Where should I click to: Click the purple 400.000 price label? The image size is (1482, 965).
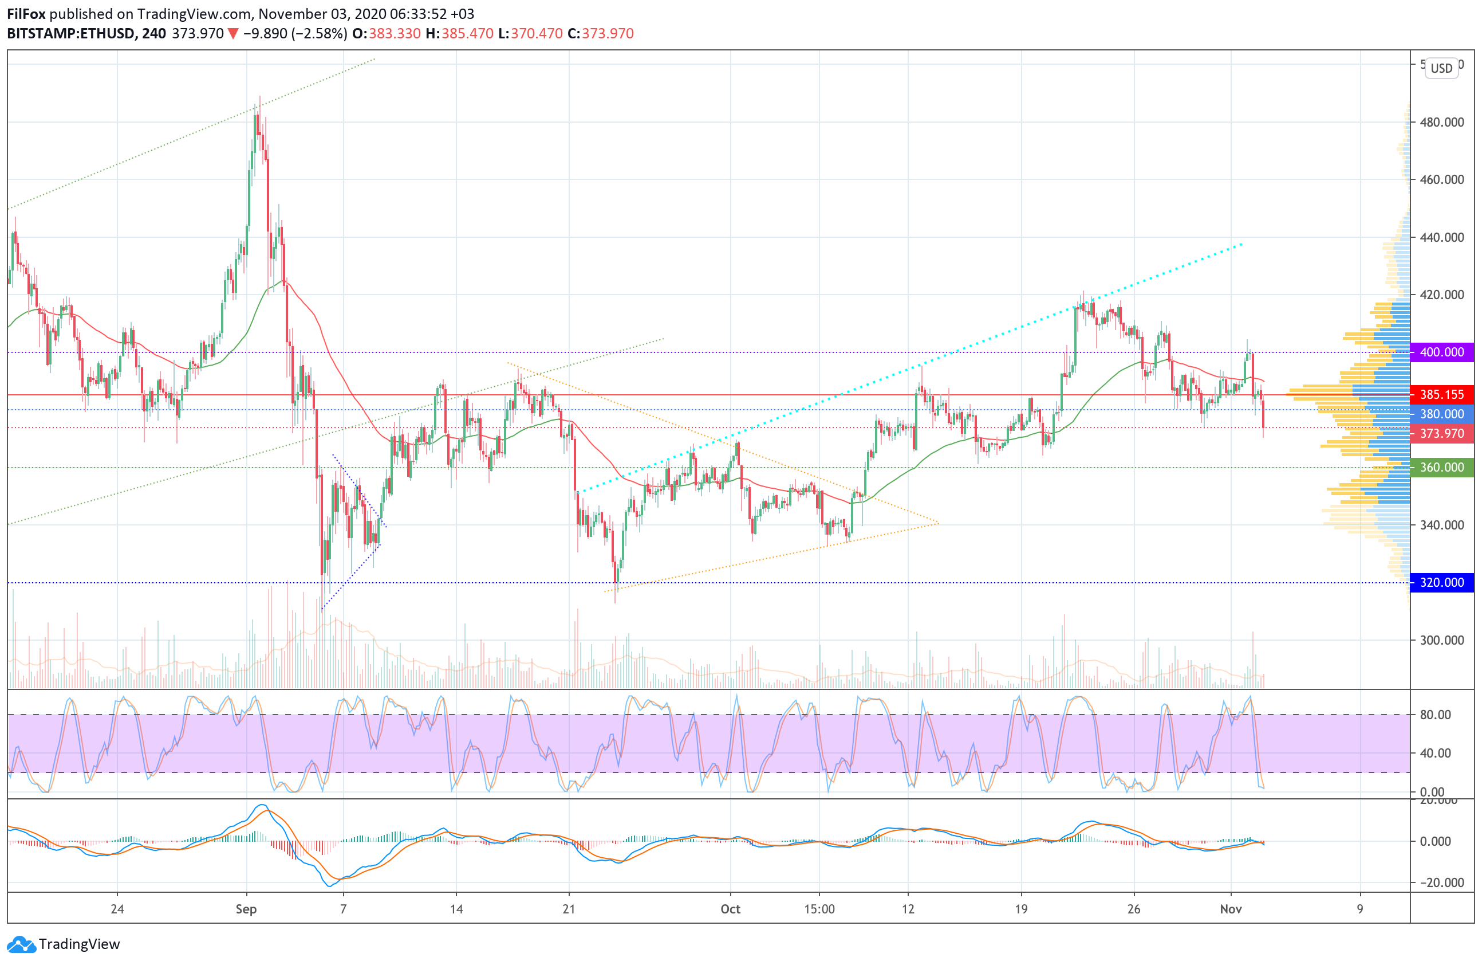click(1441, 352)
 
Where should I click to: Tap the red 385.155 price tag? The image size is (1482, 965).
click(1441, 394)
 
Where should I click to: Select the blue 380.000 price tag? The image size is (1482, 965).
click(1441, 414)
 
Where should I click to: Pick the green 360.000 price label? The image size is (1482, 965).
click(1441, 467)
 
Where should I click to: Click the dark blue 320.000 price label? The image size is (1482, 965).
click(1441, 582)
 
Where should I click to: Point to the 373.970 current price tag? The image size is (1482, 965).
click(1441, 433)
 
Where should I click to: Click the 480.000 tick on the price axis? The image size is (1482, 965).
click(1441, 122)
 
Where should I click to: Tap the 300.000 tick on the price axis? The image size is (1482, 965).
click(1441, 640)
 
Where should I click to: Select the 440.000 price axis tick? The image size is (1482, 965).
click(1441, 237)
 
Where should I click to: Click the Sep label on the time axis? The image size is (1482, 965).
click(246, 909)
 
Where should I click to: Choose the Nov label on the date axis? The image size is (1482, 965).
click(1231, 909)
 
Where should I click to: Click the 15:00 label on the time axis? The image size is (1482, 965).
click(819, 909)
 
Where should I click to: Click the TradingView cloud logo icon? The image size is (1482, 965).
click(21, 944)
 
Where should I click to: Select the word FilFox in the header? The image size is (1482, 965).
click(26, 14)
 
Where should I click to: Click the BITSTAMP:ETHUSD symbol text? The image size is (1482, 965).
click(71, 34)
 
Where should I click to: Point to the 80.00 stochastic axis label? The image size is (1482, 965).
click(1434, 715)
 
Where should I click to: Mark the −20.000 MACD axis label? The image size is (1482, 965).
click(1440, 882)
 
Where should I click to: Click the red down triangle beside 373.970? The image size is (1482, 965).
click(233, 34)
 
